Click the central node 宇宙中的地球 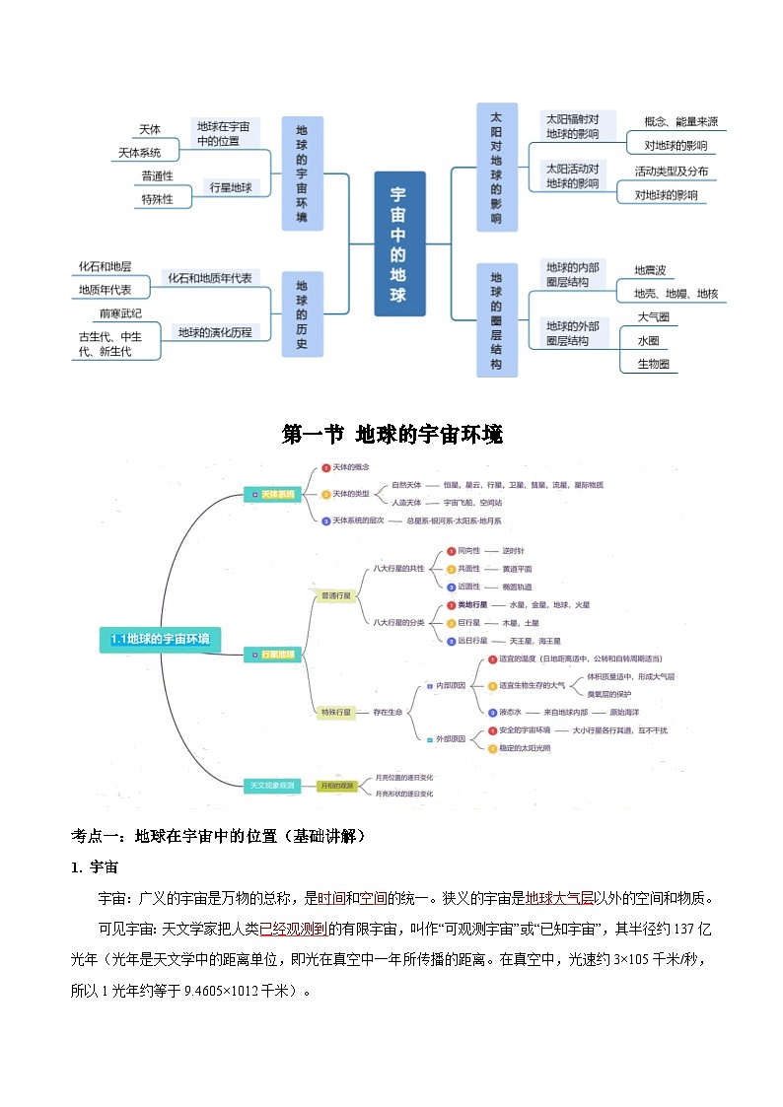pyautogui.click(x=399, y=243)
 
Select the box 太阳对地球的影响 pyautogui.click(x=496, y=168)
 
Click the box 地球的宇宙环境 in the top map pyautogui.click(x=302, y=173)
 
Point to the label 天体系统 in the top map pyautogui.click(x=139, y=153)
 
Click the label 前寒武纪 pyautogui.click(x=120, y=313)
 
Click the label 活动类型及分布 pyautogui.click(x=671, y=172)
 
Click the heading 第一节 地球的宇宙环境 pyautogui.click(x=391, y=434)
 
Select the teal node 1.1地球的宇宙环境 pyautogui.click(x=160, y=639)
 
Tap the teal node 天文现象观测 pyautogui.click(x=271, y=786)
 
